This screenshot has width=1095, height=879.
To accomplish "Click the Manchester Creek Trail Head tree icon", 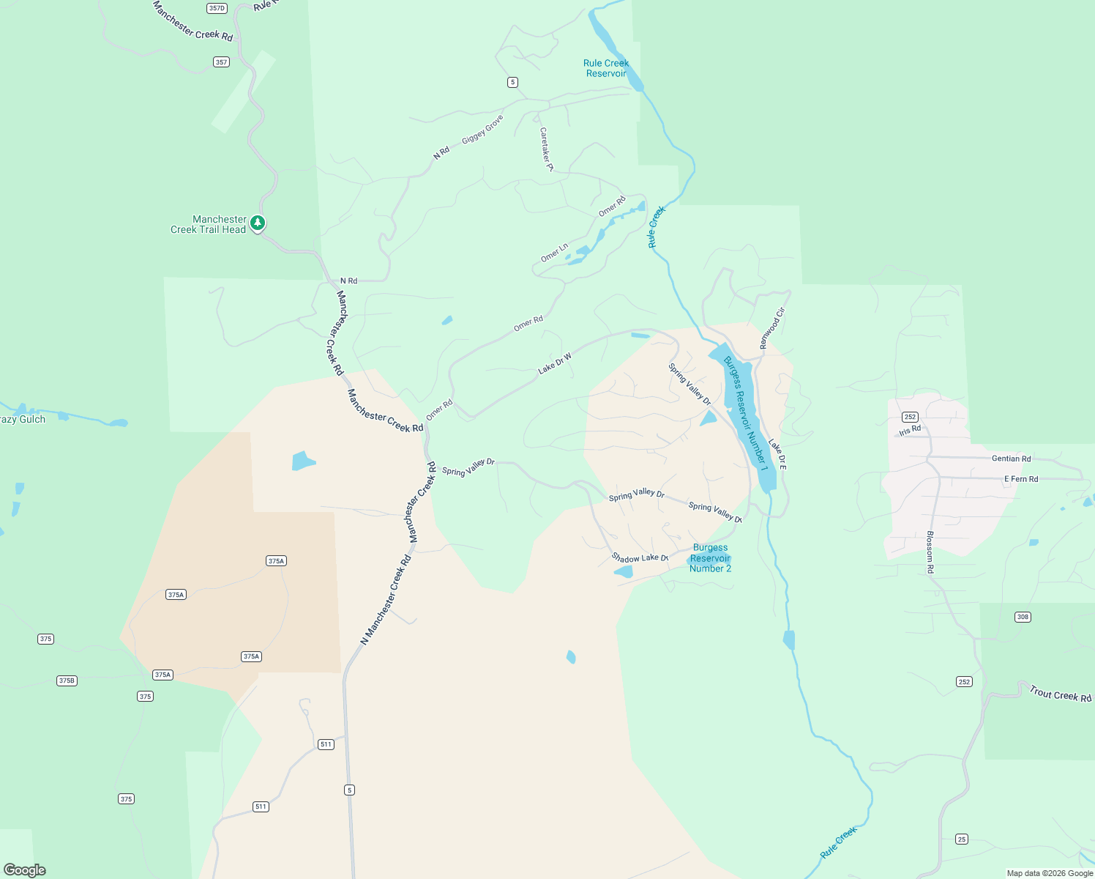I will coord(257,222).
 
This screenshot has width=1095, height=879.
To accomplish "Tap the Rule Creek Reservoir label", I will coord(606,68).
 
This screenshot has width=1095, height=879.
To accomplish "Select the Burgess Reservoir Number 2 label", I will coord(710,558).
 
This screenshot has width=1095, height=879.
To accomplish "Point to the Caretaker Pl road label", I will coord(546,149).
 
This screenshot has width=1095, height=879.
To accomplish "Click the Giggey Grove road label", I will coord(482,129).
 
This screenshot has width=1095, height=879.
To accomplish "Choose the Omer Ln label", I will coord(554,253).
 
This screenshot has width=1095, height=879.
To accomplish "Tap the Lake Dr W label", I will coord(555,363).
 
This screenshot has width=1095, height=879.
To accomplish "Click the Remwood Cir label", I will coord(771,328).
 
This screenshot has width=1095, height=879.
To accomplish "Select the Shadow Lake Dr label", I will coord(640,558).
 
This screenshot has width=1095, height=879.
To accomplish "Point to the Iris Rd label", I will coord(910,430).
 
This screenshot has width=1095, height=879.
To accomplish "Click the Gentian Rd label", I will coord(1011,459).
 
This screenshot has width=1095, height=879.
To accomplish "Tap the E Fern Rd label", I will coord(1020,479).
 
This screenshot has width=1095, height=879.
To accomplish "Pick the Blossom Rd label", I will coord(930,552).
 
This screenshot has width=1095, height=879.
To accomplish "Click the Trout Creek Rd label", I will coord(1060,694).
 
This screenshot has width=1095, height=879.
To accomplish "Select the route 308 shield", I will coord(1023,617).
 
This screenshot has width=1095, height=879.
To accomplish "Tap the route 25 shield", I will coord(962,839).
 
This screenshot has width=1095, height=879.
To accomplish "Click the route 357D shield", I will coord(217,9).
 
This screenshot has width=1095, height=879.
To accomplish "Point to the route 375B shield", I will coord(67,680).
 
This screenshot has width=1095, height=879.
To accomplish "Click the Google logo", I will coord(25,869).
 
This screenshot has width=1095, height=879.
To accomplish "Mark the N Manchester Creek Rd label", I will coord(386,600).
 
